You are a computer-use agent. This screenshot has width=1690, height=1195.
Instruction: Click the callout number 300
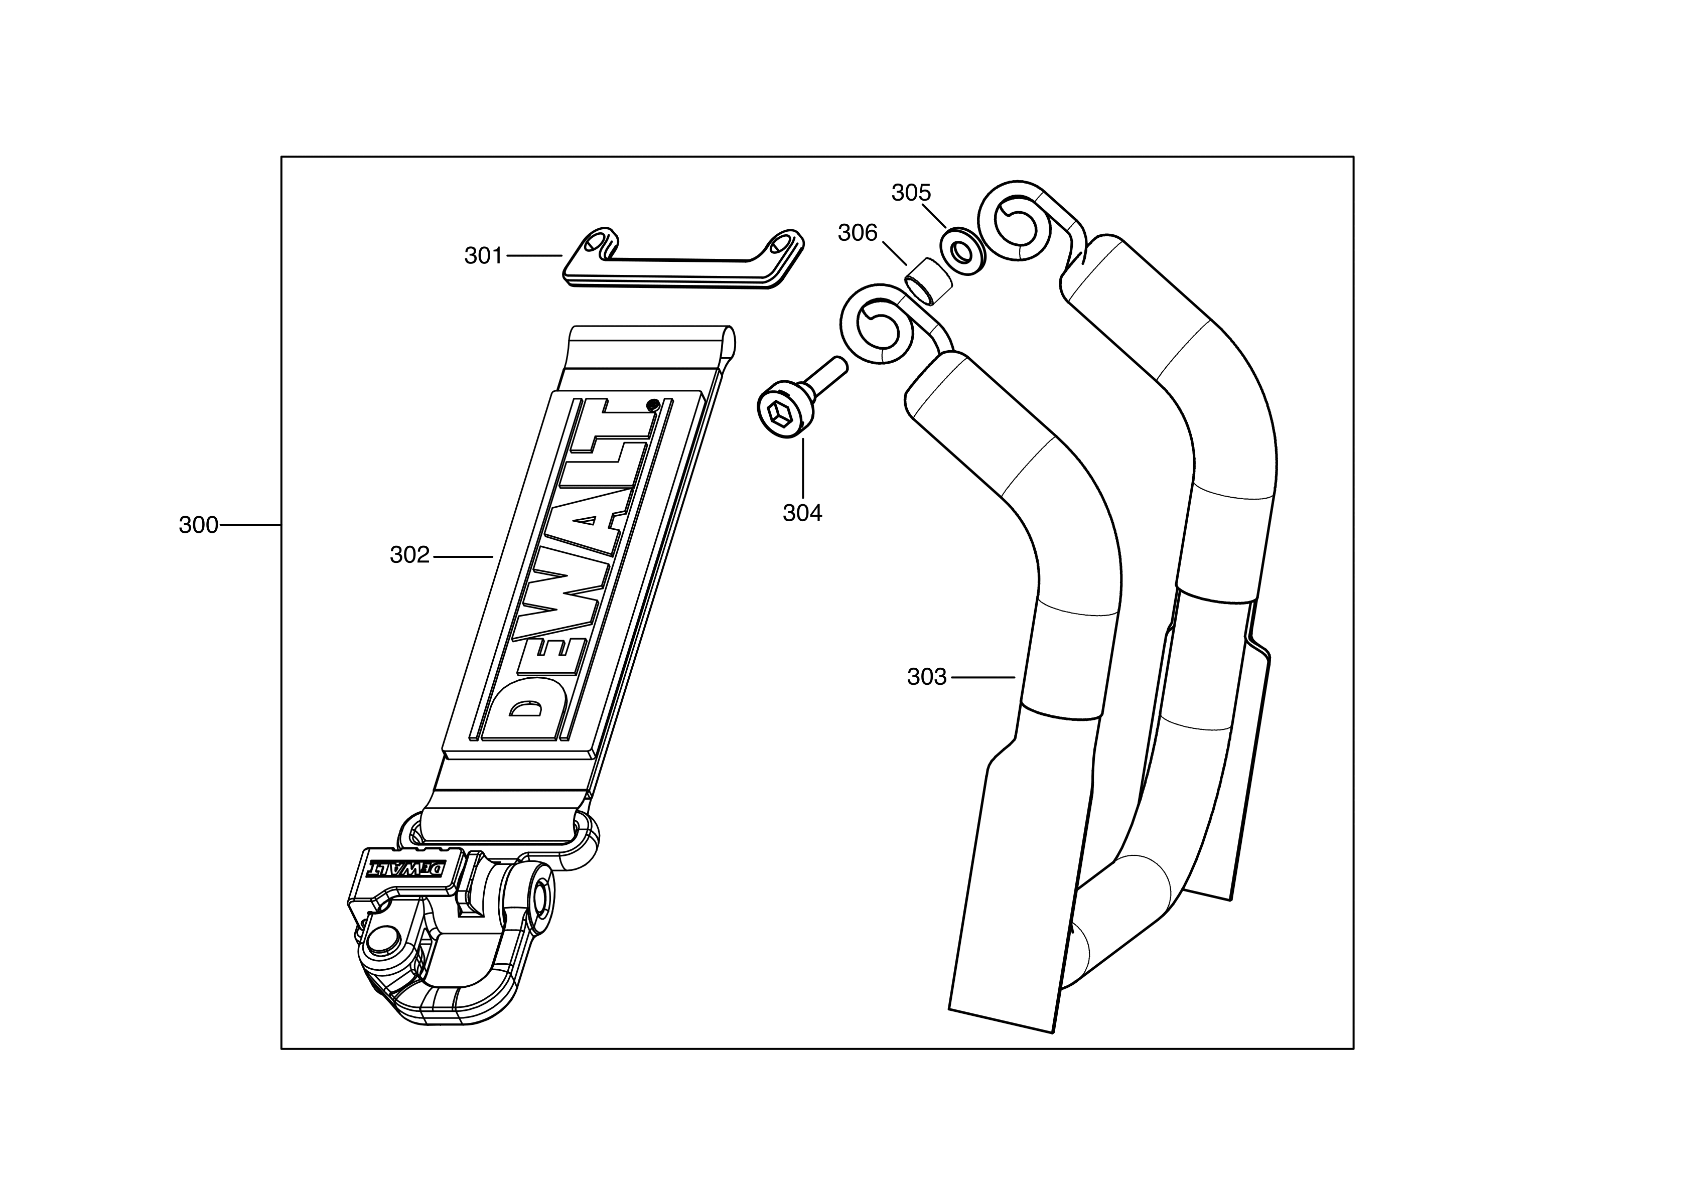point(198,525)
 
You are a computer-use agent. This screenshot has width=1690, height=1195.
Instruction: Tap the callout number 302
point(409,555)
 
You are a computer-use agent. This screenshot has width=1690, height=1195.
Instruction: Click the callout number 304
point(802,513)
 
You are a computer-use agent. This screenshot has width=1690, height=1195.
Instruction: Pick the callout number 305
point(911,193)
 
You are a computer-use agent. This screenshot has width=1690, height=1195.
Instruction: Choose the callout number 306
point(858,233)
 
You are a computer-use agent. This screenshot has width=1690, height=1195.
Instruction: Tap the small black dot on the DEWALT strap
point(652,404)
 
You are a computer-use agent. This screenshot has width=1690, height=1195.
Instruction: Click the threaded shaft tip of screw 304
point(838,364)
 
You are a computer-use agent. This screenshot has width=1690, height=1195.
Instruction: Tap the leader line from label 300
point(250,525)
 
